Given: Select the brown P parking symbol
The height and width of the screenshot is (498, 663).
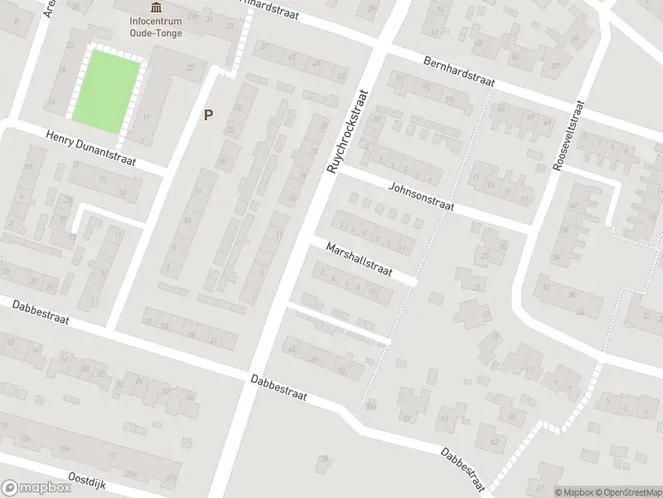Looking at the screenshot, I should (x=208, y=115).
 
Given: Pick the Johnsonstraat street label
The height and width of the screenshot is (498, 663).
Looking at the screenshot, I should (x=421, y=198).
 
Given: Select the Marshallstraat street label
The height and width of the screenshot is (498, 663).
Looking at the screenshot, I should (x=358, y=260).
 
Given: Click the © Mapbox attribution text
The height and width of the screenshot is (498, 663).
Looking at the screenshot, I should (x=573, y=491).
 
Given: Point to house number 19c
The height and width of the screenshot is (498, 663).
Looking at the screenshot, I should (x=27, y=438).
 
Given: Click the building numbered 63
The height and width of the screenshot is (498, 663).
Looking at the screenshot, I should (x=494, y=441).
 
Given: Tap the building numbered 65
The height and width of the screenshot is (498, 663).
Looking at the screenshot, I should (x=512, y=417).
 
